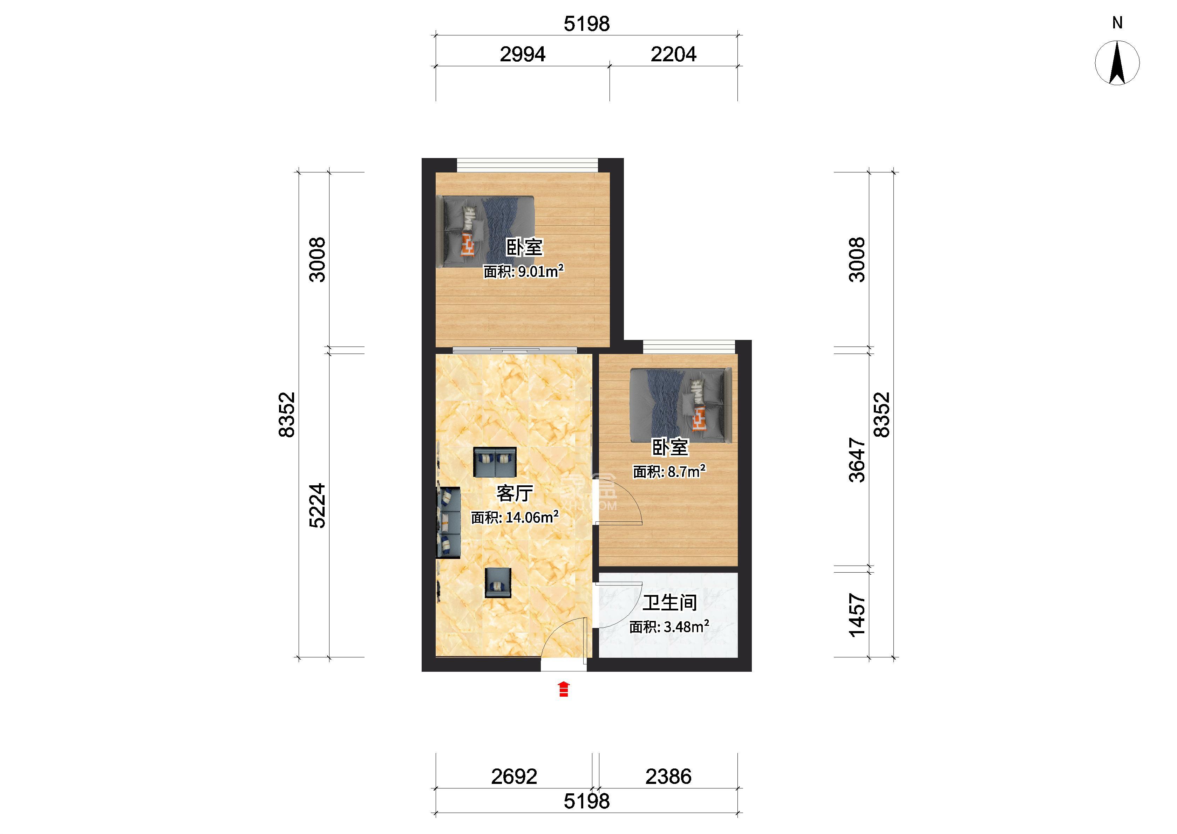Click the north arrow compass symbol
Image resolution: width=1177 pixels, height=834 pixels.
coord(1117,63)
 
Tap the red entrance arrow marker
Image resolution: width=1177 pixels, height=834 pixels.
coord(564,689)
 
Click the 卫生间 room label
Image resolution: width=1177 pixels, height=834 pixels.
coord(669,602)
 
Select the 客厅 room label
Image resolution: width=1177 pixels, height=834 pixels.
coord(515,493)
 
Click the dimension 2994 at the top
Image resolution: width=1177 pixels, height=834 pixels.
coord(523,54)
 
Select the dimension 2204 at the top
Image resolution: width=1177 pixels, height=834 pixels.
coord(673,54)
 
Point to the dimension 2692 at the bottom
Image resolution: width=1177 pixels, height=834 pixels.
coord(514,777)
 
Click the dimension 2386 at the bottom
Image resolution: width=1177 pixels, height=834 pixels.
coord(668,777)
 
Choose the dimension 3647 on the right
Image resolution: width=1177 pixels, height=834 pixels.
coord(857,460)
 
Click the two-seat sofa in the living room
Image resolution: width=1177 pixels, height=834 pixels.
coord(495,462)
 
